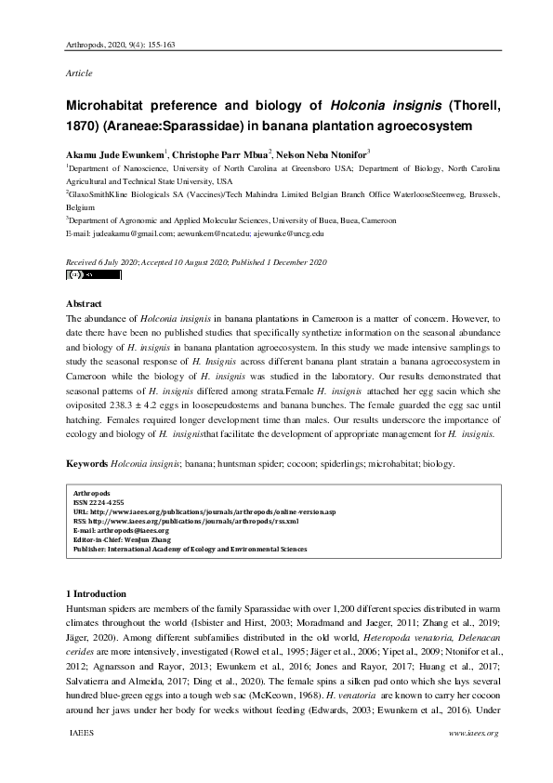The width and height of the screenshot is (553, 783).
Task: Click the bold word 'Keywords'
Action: pyautogui.click(x=87, y=463)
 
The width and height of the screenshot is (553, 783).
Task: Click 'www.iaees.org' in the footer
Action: pyautogui.click(x=474, y=733)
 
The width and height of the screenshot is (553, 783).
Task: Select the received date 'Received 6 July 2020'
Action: pyautogui.click(x=101, y=263)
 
